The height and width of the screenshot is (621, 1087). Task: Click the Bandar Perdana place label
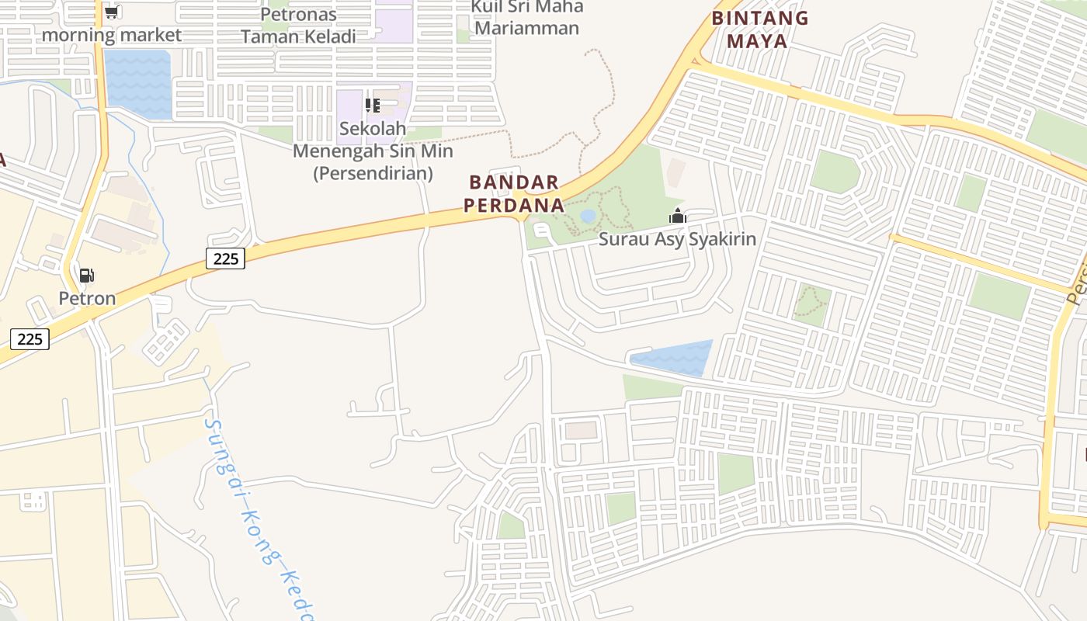516,194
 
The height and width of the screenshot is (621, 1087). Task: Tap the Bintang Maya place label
759,29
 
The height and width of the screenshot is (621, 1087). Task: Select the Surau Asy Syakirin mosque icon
678,217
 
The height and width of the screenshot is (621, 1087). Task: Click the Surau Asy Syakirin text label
677,238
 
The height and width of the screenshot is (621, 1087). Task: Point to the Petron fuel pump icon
86,276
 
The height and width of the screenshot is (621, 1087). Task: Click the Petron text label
87,298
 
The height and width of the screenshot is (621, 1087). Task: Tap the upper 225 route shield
225,258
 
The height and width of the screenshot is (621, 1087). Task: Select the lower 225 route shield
30,339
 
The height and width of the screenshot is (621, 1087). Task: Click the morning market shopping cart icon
111,12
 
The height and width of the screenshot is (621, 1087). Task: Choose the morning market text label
111,35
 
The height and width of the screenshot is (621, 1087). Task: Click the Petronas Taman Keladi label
298,25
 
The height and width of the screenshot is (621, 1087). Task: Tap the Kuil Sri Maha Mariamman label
526,17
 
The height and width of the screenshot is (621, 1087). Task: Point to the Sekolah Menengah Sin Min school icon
373,105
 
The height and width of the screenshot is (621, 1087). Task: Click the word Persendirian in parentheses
373,173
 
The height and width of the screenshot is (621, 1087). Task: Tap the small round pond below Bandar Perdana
589,215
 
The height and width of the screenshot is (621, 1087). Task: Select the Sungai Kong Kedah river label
256,520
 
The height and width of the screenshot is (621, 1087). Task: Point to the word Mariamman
526,29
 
